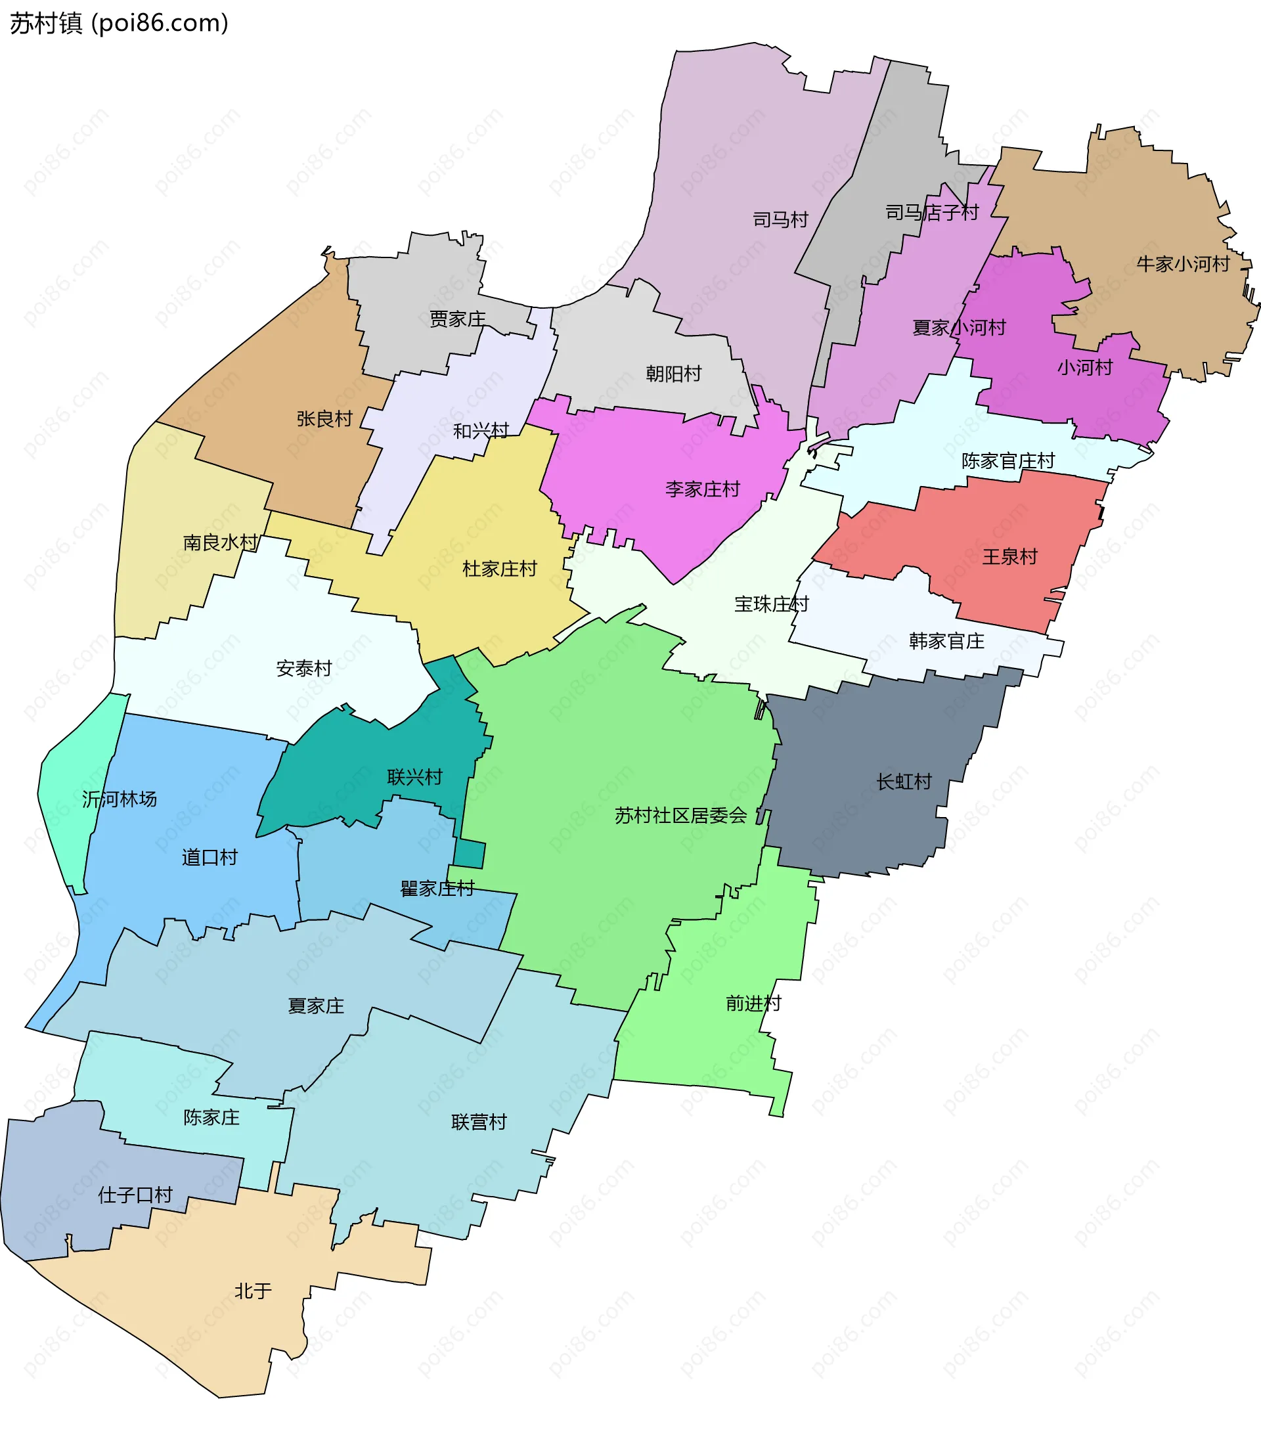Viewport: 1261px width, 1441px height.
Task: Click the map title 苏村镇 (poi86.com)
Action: click(x=119, y=23)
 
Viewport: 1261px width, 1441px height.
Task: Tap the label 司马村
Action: click(x=780, y=219)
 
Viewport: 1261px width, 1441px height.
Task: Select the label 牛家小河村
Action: click(x=1183, y=264)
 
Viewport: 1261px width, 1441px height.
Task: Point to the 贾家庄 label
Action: click(x=457, y=319)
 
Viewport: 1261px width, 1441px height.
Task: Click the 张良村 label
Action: click(x=324, y=418)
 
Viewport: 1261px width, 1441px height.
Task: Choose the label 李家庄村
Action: click(x=702, y=489)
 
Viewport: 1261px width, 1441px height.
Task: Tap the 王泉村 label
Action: click(x=1010, y=556)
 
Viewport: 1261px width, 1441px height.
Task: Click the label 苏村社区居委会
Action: click(x=680, y=816)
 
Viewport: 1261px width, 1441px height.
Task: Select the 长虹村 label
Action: click(x=904, y=782)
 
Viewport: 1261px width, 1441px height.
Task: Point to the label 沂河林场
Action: click(x=119, y=799)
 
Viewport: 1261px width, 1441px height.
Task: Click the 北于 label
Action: click(x=254, y=1291)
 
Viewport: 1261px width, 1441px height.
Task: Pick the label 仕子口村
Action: click(x=135, y=1195)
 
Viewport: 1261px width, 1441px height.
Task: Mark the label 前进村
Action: click(x=754, y=1004)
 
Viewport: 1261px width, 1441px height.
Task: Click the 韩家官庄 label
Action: click(x=946, y=641)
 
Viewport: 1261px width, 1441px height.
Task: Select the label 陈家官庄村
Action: click(x=1007, y=461)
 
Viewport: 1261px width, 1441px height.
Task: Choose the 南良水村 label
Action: click(x=221, y=543)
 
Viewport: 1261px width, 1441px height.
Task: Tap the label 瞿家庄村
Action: click(x=437, y=889)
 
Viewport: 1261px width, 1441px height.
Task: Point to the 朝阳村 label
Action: click(x=673, y=374)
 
